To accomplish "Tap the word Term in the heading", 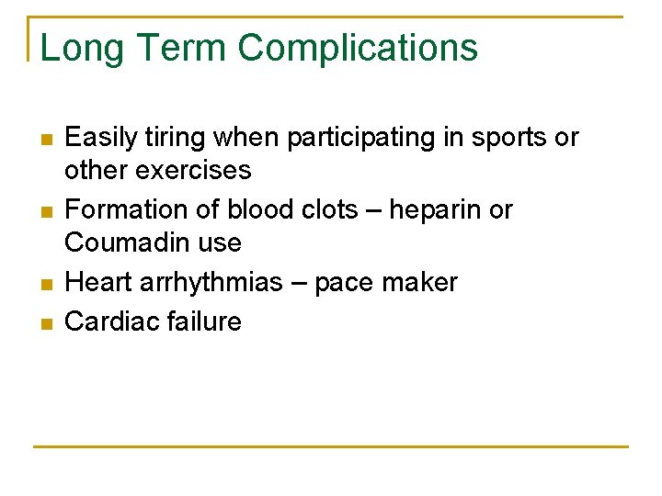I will [176, 48].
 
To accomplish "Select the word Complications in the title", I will [358, 48].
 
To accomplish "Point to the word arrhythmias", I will [211, 282].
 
